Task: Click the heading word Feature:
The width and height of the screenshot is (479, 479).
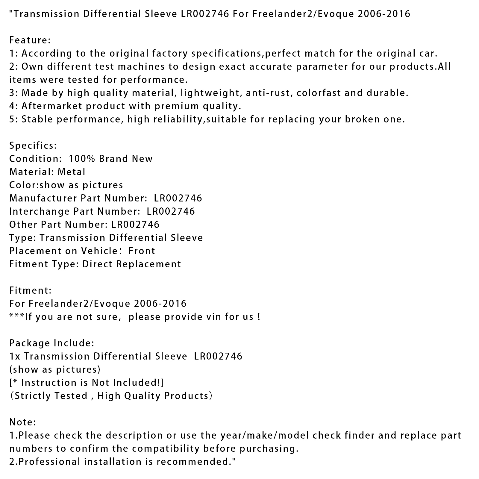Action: (x=30, y=40)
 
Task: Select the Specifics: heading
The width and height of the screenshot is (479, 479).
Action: (x=33, y=145)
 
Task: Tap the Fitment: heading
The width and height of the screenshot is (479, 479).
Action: (x=30, y=290)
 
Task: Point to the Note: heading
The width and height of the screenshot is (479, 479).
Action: (x=23, y=422)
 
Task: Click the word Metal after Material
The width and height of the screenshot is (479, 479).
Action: (x=72, y=172)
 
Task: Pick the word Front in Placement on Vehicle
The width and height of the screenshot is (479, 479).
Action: (x=142, y=251)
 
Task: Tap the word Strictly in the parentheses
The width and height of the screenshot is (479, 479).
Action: (x=33, y=396)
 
